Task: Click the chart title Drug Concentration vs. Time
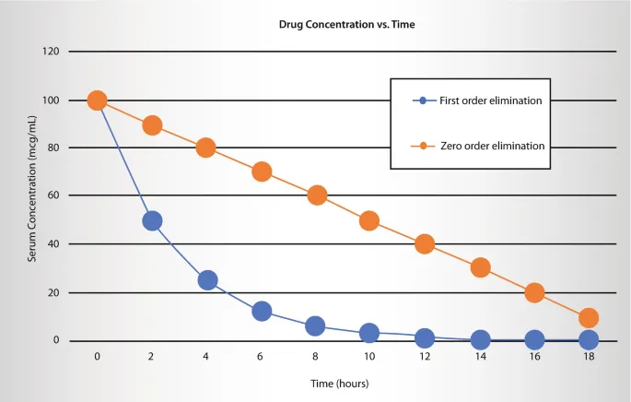coord(347,25)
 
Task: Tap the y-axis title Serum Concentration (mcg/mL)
coord(32,195)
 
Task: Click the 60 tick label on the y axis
coord(53,195)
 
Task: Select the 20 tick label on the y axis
coord(53,292)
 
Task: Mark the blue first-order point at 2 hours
coord(152,220)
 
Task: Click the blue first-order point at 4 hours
coord(207,280)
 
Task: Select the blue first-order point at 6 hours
coord(262,311)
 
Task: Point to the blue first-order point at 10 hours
coord(369,333)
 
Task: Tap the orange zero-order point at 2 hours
coord(152,125)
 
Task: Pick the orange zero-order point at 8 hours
coord(317,195)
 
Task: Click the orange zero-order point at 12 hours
coord(425,244)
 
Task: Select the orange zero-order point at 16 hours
coord(534,292)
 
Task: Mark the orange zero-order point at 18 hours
coord(589,318)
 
